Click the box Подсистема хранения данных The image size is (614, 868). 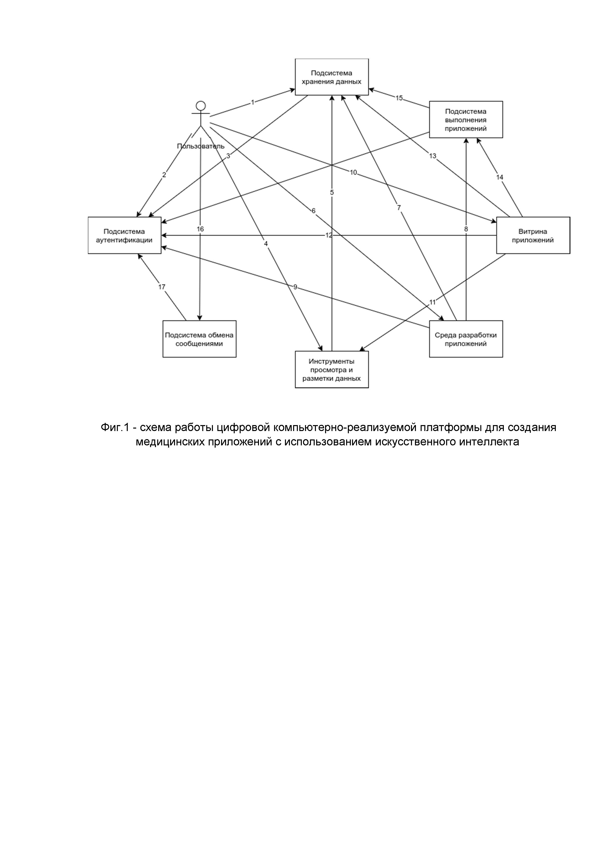point(332,77)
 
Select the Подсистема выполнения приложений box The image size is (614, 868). point(466,120)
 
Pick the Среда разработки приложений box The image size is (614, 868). point(466,339)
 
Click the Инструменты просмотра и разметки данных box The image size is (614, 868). point(332,370)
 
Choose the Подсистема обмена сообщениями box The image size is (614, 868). point(199,339)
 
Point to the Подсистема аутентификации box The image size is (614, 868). point(125,235)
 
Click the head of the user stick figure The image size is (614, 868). point(201,105)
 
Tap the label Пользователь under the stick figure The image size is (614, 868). point(201,146)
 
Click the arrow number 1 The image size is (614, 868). point(253,102)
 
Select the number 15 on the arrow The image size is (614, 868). point(399,98)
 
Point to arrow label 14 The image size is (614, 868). point(500,177)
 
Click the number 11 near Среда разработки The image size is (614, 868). point(433,302)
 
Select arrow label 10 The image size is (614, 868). point(353,172)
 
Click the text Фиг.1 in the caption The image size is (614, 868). point(115,428)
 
